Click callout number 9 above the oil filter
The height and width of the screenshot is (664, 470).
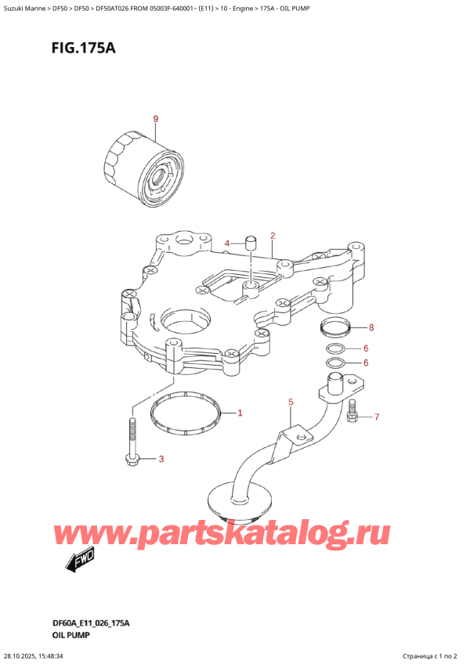[155, 119]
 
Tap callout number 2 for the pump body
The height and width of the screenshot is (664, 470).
[273, 236]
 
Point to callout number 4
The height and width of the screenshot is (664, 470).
[226, 244]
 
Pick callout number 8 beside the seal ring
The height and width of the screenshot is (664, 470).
[372, 327]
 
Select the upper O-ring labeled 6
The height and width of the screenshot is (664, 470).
[334, 348]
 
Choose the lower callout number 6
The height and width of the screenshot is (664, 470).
[365, 363]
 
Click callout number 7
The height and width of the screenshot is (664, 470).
[376, 417]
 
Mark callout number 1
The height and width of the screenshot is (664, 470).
[240, 413]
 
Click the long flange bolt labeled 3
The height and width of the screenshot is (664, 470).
[131, 445]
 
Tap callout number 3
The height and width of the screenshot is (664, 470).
[161, 459]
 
